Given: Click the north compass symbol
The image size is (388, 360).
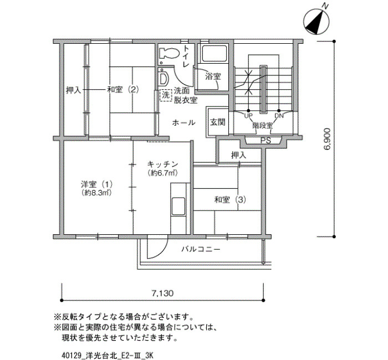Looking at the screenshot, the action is [x=316, y=22].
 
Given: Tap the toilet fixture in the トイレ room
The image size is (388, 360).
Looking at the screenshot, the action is [x=169, y=53].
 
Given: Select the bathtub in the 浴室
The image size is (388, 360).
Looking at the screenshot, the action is [x=215, y=54].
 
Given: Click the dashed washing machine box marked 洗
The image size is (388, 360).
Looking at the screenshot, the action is [x=166, y=95].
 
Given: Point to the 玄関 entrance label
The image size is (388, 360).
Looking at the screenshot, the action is [x=217, y=122].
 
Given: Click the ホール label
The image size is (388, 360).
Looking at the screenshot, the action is [x=183, y=122].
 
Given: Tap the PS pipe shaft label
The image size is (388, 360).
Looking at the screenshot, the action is [x=266, y=141].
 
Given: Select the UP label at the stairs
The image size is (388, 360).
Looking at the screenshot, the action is [x=248, y=115].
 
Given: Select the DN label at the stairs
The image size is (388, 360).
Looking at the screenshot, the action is [x=279, y=115].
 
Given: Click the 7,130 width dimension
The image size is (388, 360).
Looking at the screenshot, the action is [x=162, y=293].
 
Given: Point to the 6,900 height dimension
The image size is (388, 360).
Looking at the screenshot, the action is [x=326, y=139].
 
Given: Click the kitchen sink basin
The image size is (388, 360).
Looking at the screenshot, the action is [x=178, y=206].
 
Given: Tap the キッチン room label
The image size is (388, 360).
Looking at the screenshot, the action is [x=163, y=164].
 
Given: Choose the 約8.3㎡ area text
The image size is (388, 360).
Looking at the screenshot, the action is [x=96, y=193].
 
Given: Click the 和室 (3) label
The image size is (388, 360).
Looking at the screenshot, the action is [x=230, y=199].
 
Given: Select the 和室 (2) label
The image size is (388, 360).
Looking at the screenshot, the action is [x=122, y=89].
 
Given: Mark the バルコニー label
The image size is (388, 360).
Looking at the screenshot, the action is [x=201, y=249].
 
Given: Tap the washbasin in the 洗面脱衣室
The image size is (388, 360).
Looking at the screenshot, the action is [x=164, y=78].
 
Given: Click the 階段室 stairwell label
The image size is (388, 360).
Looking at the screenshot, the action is [x=263, y=125].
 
